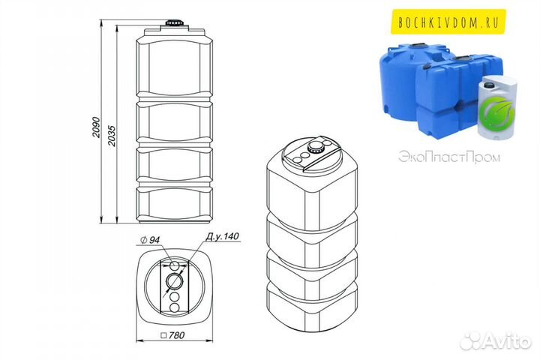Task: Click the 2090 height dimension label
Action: click(96, 127)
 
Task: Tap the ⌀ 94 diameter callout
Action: click(151, 240)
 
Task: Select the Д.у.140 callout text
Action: click(222, 237)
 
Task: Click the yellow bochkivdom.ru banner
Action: click(448, 22)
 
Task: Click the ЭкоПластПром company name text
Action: click(449, 157)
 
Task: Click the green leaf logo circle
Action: click(498, 112)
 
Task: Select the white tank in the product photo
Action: click(496, 108)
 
